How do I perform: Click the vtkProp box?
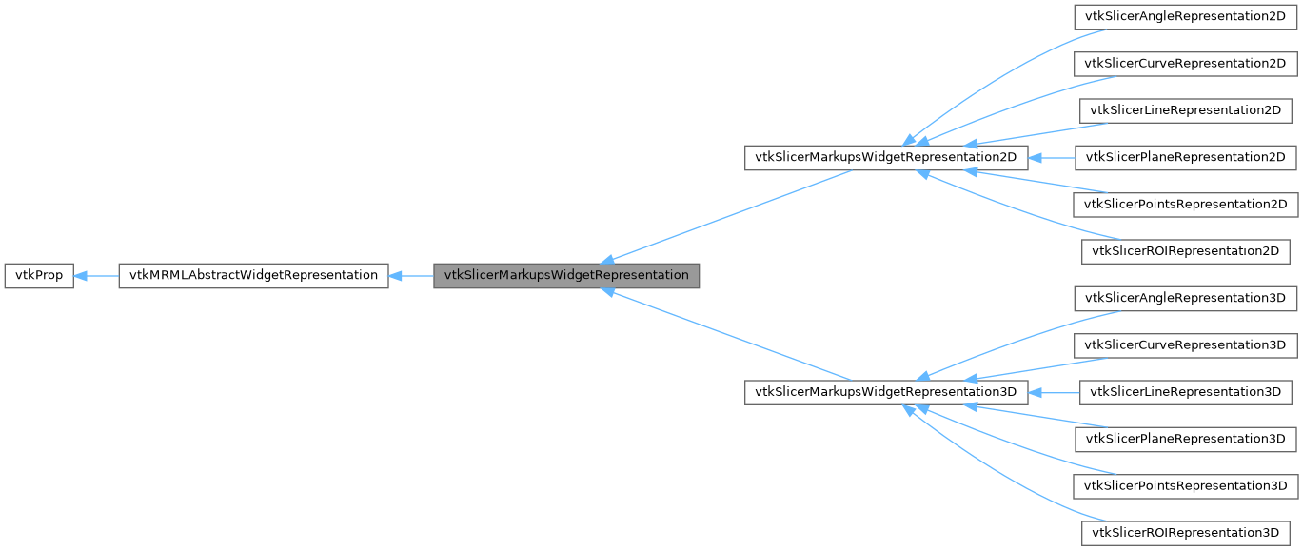39,276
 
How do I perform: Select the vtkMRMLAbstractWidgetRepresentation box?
252,276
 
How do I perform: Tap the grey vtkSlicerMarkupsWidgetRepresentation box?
566,276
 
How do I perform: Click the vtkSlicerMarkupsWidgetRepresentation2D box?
885,157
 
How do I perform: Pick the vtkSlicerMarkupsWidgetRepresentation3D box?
885,392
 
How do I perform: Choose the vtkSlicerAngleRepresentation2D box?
1185,17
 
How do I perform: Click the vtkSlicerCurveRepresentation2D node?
1185,64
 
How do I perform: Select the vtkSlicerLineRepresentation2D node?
1185,110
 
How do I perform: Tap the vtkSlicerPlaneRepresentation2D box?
1185,157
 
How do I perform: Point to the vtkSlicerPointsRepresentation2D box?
1185,204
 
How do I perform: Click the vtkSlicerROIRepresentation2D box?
1185,251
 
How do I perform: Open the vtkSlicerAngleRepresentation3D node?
1185,298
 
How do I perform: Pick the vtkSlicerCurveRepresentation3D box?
1185,344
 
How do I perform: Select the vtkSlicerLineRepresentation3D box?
1185,392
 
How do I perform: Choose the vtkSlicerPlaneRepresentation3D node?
1185,439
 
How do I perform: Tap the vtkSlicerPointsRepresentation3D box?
1185,485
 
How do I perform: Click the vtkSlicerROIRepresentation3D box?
1185,532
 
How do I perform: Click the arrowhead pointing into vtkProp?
82,276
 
